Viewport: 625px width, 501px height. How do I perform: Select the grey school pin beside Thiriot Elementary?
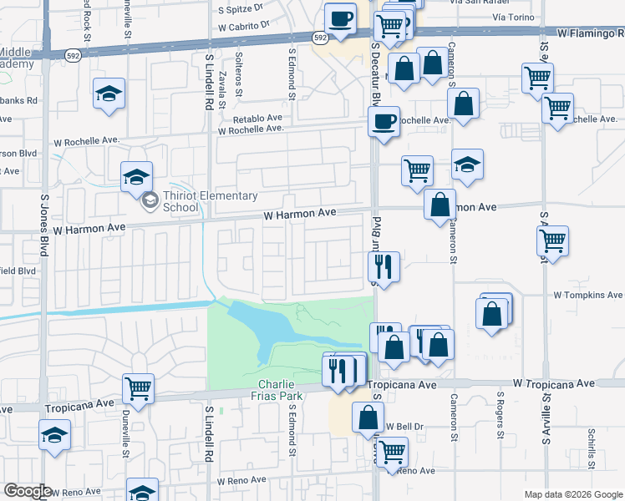150,200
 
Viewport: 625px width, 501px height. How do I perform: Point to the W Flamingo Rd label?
590,34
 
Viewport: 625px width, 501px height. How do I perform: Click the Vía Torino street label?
513,17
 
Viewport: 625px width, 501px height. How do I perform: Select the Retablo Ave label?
258,119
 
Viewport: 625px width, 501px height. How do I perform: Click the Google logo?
28,491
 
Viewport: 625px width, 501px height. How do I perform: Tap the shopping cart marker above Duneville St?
138,388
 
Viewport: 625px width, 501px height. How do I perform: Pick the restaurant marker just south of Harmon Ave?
384,266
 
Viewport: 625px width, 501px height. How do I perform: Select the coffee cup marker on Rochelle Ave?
384,121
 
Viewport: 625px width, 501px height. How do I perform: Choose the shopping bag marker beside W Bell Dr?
368,417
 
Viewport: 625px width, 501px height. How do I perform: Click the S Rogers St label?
501,416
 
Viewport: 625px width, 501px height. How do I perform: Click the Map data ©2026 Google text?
572,494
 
